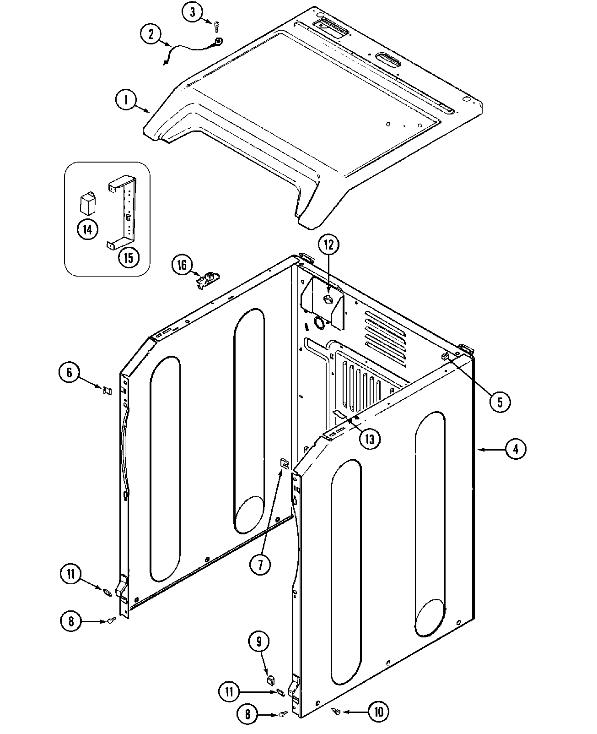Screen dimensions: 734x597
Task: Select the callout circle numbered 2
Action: [151, 35]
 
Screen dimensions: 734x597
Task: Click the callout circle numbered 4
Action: [516, 449]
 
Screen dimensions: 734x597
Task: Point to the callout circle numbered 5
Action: [499, 402]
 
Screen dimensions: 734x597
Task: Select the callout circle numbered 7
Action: [260, 565]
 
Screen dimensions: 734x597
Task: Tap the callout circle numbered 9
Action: [258, 642]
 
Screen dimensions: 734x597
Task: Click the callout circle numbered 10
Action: [378, 711]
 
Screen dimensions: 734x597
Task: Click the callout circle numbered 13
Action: [370, 439]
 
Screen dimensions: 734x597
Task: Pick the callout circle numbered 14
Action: [87, 229]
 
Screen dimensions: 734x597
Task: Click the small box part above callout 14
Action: [87, 204]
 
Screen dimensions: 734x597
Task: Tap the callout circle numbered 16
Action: [182, 266]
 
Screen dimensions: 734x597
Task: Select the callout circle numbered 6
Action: [70, 372]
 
